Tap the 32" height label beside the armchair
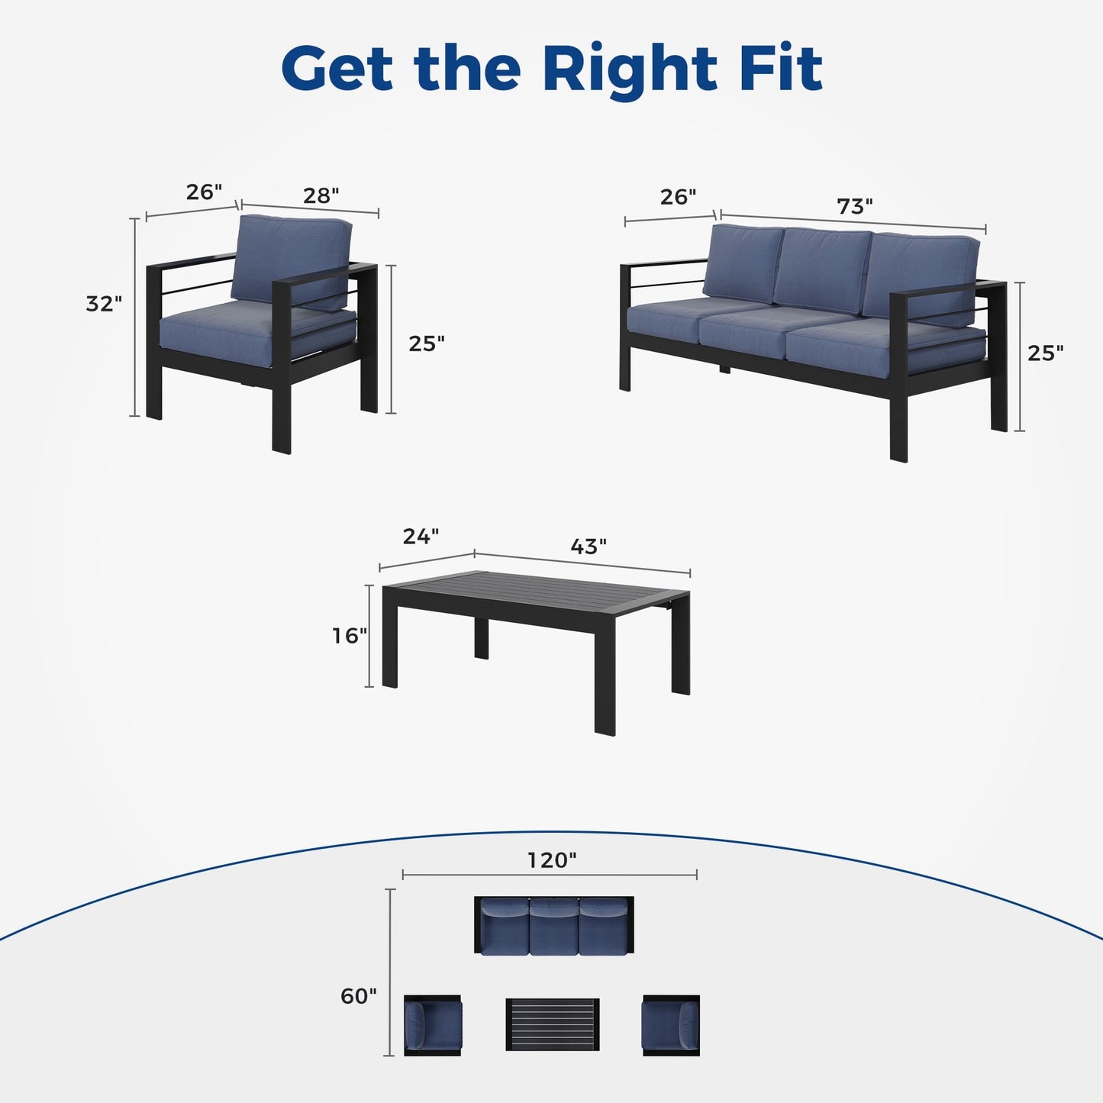coord(104,304)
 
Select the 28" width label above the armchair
coord(321,196)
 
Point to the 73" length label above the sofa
coord(854,207)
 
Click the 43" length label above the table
coord(589,547)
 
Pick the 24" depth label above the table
coord(421,537)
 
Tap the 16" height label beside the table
coord(349,635)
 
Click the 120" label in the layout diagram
coord(552,860)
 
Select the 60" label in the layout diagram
coord(359,996)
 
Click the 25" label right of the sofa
coord(1045,353)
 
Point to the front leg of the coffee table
coord(605,695)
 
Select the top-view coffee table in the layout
coord(553,1024)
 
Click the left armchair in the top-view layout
coord(432,1025)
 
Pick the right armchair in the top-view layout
coord(671,1025)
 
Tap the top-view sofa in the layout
coord(553,925)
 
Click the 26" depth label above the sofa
coord(678,197)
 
